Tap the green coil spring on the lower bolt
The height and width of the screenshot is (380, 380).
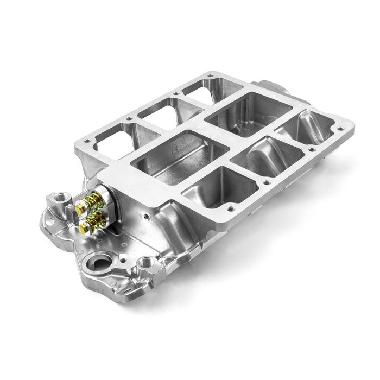(96, 220)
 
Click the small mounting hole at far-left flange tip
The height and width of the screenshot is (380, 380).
(46, 222)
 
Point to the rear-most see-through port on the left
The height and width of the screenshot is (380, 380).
(199, 90)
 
